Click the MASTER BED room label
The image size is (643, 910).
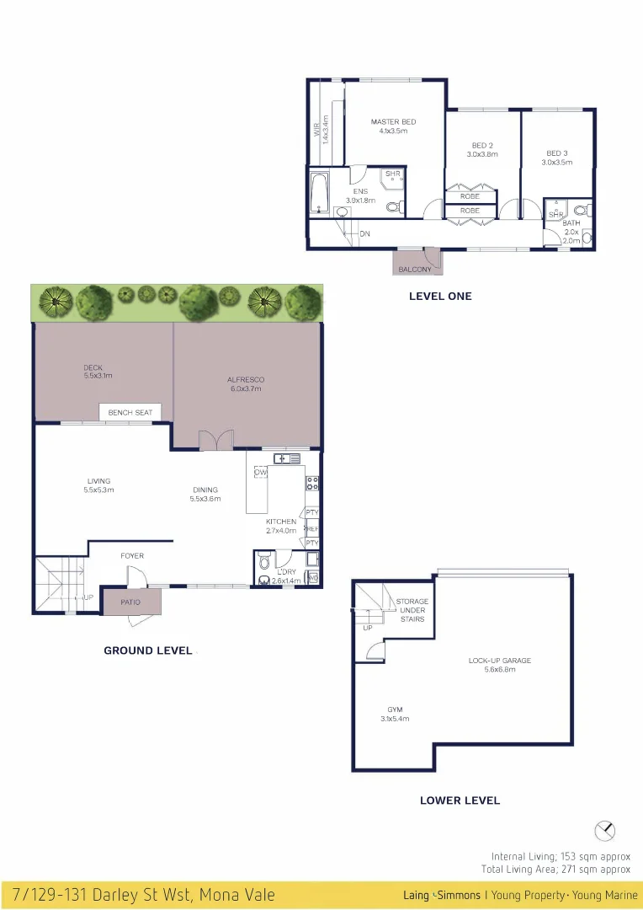393,122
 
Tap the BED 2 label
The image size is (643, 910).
482,145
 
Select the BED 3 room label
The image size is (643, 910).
557,153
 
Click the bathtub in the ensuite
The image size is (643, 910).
318,194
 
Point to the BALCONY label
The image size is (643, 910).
415,270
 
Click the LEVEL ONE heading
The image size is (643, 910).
440,297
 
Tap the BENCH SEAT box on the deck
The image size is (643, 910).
130,412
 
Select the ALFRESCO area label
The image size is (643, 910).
245,380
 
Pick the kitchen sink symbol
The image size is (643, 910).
287,458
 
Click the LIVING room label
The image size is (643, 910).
98,481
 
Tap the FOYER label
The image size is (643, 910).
131,556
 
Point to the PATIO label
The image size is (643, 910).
130,602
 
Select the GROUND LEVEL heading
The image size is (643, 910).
147,650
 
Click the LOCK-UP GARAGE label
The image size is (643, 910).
500,661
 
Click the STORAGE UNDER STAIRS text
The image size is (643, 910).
412,610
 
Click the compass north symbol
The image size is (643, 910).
604,831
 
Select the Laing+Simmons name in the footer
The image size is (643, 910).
442,895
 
